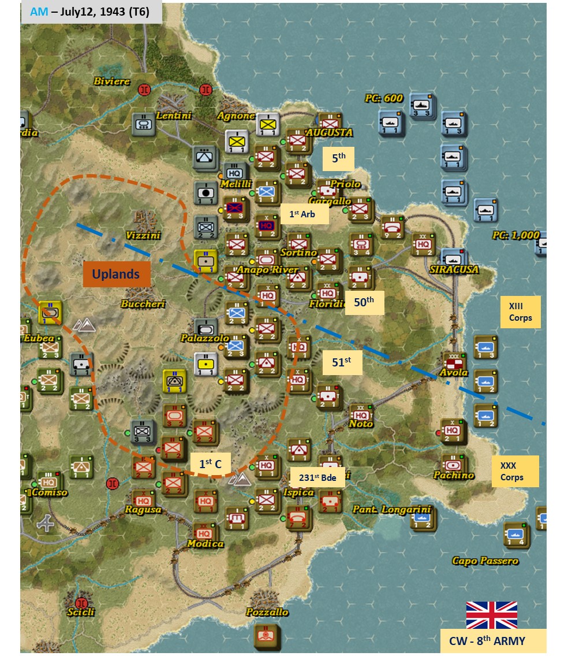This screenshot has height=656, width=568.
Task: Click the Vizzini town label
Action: point(143,235)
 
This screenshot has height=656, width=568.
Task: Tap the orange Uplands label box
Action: point(116,273)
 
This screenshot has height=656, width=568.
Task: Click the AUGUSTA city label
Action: point(329,132)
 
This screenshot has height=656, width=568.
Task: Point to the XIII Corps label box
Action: point(520,312)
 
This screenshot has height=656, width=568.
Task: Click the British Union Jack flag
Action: point(491,615)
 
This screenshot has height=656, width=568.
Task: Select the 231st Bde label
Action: point(317,477)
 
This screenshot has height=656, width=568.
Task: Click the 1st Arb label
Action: point(304,214)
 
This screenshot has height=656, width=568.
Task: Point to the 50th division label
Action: point(364,301)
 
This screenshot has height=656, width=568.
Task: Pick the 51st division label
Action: point(341,362)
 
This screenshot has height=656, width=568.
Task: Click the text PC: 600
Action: point(383,98)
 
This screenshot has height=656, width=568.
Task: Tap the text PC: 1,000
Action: point(515,235)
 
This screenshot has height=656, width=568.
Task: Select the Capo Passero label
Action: point(485,561)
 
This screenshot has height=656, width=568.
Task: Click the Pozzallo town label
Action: point(267,612)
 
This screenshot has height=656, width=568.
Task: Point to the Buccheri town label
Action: point(143,304)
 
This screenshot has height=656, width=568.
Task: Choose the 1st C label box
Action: point(210,463)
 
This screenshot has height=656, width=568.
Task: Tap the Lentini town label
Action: point(173,116)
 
